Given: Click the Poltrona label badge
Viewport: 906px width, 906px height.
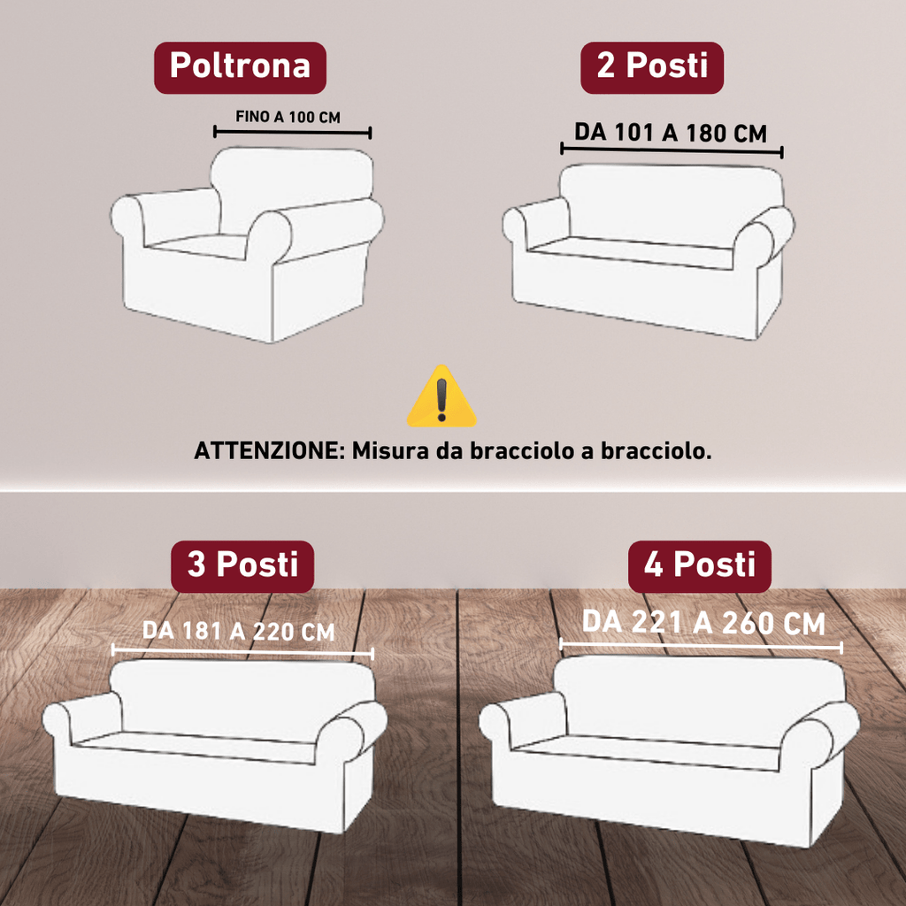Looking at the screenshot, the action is (240, 67).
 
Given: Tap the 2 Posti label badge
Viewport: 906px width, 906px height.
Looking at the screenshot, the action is (652, 67).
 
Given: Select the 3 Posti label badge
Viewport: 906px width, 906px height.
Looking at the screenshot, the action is (242, 566).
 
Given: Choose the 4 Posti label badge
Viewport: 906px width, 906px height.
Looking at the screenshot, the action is (700, 566).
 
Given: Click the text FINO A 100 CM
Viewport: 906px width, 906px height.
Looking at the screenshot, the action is (288, 117).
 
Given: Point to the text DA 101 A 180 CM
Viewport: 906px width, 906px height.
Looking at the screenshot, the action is (671, 133).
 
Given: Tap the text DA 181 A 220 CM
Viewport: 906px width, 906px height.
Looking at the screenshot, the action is (239, 631).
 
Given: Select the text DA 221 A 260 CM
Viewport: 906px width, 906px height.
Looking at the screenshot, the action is (703, 622).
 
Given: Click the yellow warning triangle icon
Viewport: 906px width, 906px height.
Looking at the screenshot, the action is (441, 397).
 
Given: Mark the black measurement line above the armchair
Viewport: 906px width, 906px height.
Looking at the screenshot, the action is (292, 133).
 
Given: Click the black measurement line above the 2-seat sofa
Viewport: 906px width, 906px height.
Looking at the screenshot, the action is (672, 150).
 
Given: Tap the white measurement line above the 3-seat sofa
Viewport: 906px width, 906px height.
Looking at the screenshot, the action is (242, 652).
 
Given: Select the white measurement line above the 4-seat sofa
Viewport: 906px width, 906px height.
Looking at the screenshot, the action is (701, 647).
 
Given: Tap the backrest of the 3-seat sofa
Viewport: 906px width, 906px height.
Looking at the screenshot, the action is (242, 699).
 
